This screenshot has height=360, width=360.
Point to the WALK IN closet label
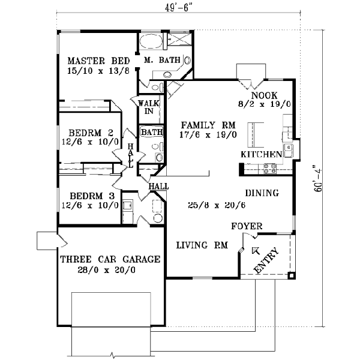[x=149, y=107]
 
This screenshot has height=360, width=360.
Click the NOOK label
[x=263, y=95]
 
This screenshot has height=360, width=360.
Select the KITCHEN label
[x=261, y=154]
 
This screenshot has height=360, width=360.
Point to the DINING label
[x=262, y=193]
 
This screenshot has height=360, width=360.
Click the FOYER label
[x=247, y=226]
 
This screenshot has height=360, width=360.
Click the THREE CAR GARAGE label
[x=110, y=260]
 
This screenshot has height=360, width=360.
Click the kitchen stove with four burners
[x=268, y=169]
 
